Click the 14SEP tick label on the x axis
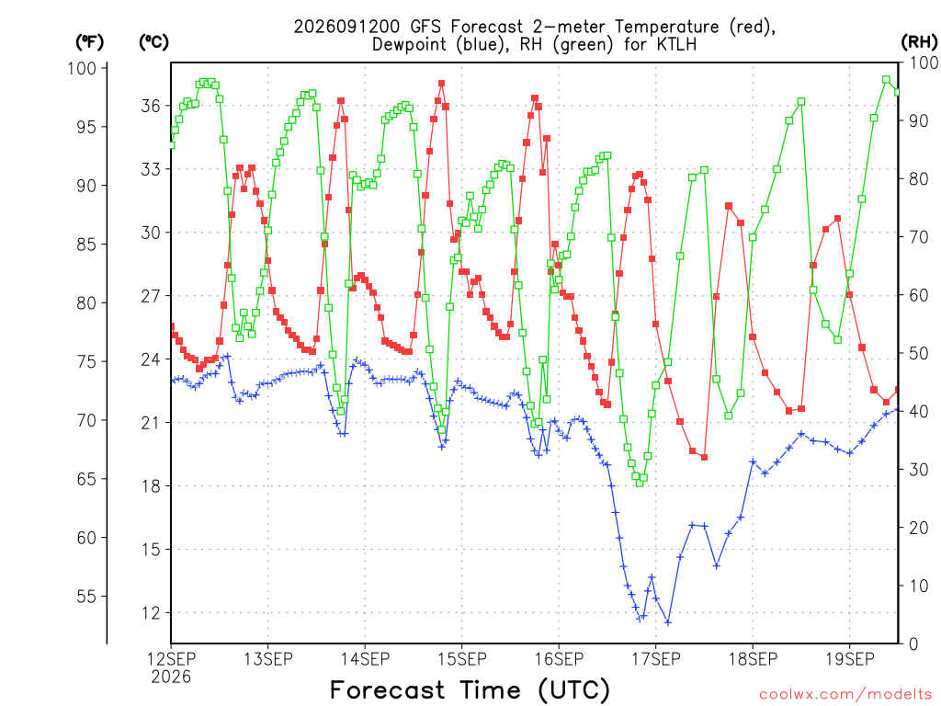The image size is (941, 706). [x=365, y=659]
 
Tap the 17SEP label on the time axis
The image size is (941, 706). [x=656, y=659]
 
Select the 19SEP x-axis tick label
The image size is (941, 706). [x=850, y=659]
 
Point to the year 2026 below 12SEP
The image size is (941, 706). [x=171, y=678]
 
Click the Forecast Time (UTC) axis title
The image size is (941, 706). [x=470, y=689]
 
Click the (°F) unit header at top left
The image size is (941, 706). [x=89, y=42]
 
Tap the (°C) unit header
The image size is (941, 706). [x=153, y=42]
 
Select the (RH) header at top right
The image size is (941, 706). [x=919, y=42]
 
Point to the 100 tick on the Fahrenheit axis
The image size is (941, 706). [x=82, y=68]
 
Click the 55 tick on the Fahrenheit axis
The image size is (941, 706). [x=86, y=596]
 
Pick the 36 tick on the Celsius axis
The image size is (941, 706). [x=151, y=107]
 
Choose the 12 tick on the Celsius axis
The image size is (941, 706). [x=151, y=613]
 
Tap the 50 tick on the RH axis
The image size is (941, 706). [x=918, y=354]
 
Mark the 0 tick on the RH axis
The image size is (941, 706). [x=913, y=644]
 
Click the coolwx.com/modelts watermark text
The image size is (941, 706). [x=845, y=695]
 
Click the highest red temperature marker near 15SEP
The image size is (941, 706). [x=442, y=84]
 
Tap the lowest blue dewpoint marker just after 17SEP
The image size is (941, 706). [x=668, y=622]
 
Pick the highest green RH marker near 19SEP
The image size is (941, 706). [x=886, y=80]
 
